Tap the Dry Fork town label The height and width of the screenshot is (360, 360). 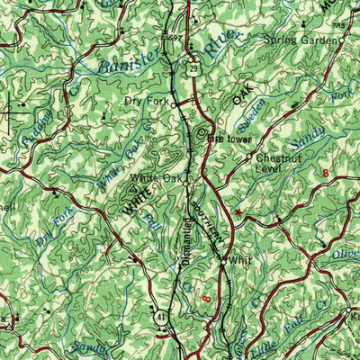coord(146,101)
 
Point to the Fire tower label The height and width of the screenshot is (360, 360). coord(228,139)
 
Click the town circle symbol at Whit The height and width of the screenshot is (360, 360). coord(223,259)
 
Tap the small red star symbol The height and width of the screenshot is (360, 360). coord(238,212)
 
